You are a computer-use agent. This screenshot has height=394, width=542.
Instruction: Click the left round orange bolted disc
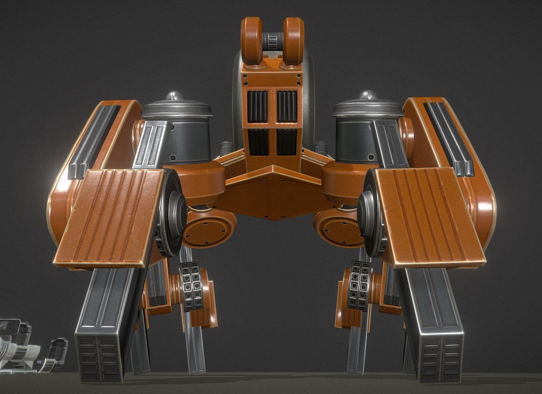tap(208, 231)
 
